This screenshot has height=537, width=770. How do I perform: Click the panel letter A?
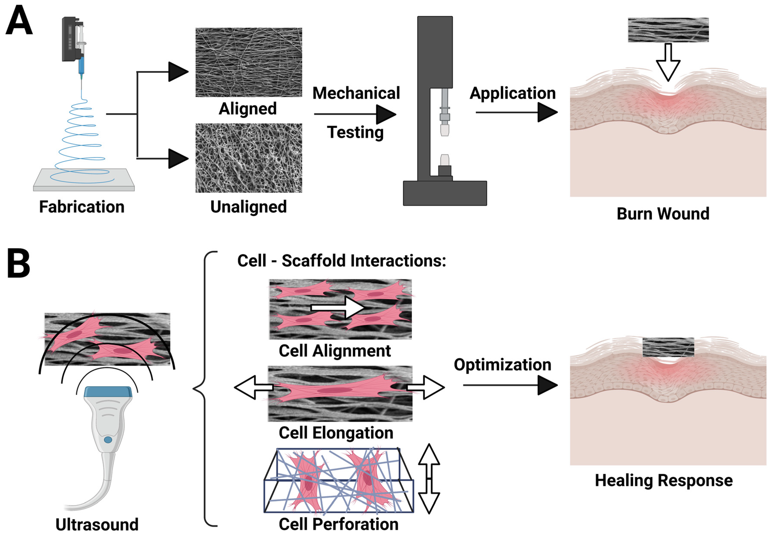pos(19,21)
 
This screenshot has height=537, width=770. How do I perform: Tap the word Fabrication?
pos(82,207)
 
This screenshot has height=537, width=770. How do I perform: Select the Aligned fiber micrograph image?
pos(248,63)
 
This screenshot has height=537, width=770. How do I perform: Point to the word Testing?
pos(355,132)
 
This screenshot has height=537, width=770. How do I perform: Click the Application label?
pos(513,93)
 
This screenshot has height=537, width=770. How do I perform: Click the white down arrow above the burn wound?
pos(668,64)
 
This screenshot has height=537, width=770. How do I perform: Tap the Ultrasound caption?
pos(97,525)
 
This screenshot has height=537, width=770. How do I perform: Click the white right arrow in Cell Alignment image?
pos(339,307)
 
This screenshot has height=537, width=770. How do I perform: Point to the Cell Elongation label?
pos(336,433)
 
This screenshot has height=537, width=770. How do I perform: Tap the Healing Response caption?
pos(663,481)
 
